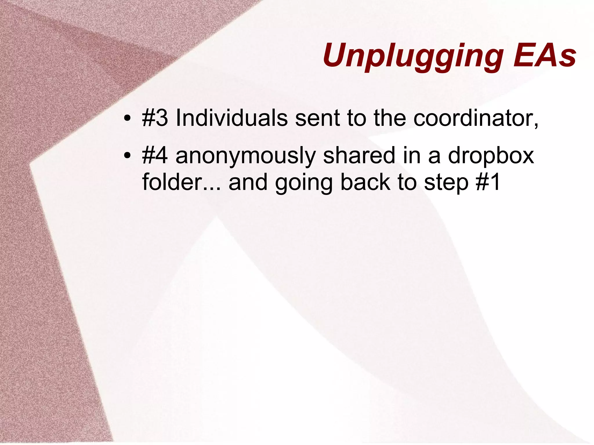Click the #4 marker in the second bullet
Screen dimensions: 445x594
coord(155,155)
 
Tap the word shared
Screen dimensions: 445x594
coord(359,155)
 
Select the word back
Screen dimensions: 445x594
coord(365,182)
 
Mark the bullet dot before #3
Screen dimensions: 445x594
coord(127,119)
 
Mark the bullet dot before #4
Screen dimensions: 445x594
coord(127,156)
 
